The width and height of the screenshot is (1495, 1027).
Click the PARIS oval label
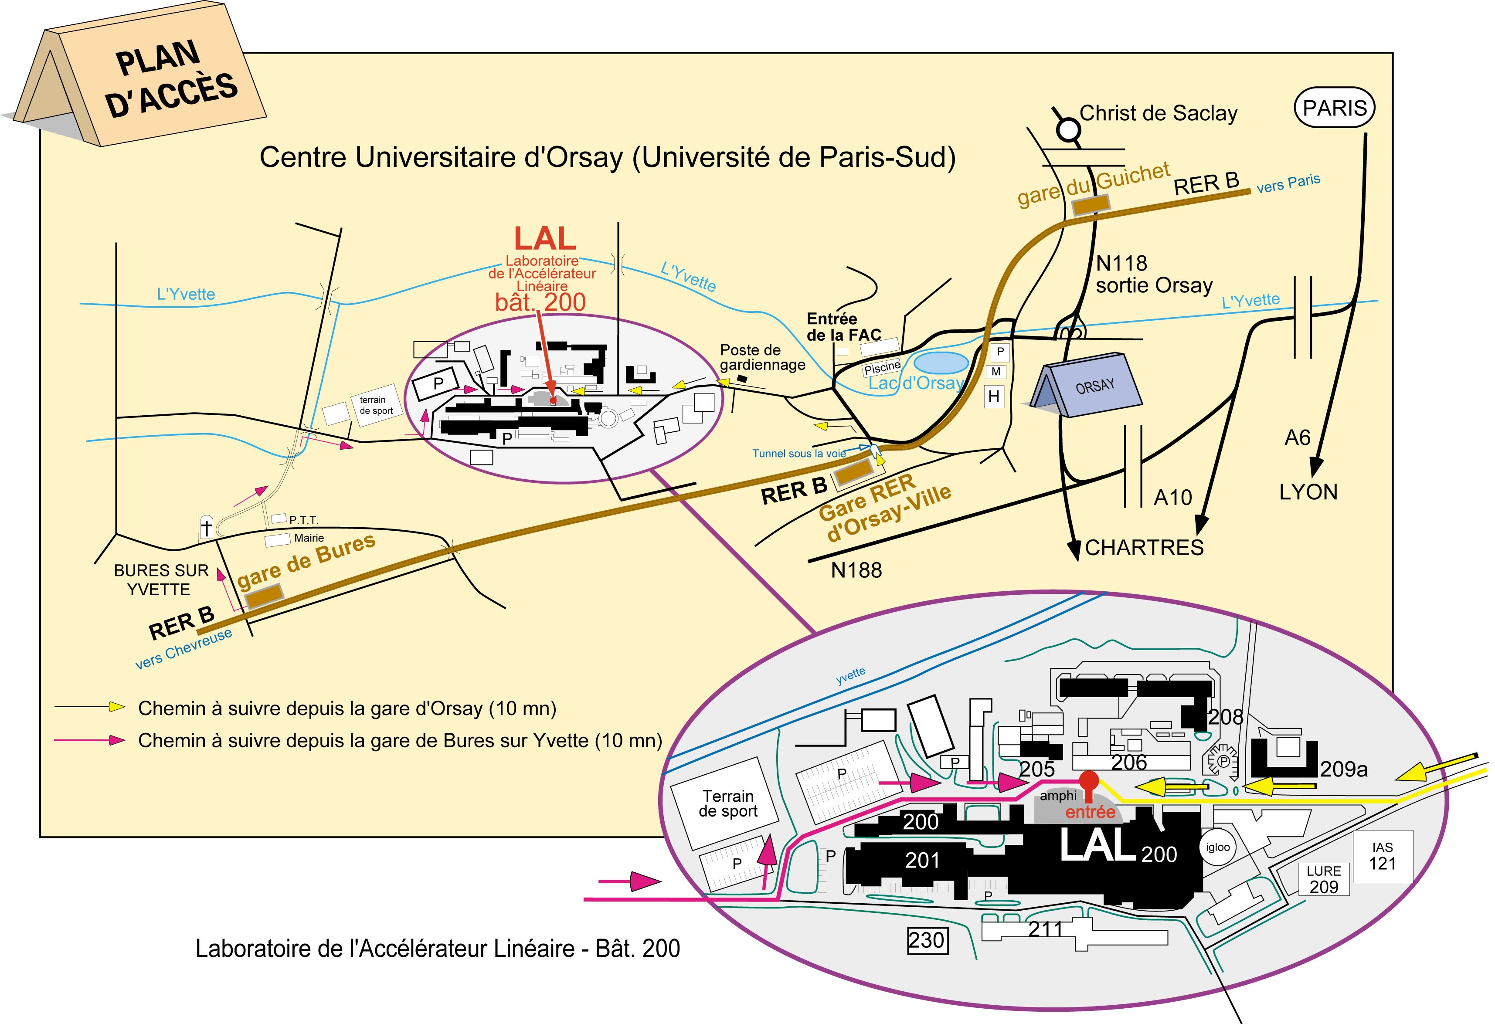point(1334,108)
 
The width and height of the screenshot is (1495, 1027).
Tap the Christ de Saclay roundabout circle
point(1069,131)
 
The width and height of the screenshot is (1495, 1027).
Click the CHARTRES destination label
point(1144,548)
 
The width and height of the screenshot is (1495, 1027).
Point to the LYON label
point(1308,492)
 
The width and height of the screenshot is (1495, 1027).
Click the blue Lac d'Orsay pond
point(941,362)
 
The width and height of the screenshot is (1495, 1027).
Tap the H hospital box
point(994,397)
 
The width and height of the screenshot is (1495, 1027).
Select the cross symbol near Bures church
point(206,528)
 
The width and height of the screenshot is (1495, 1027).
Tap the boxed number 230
point(927,941)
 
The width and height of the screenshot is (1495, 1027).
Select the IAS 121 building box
point(1383,857)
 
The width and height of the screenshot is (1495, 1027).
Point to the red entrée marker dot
point(1088,780)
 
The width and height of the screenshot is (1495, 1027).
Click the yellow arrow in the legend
point(116,707)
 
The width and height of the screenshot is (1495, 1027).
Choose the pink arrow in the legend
point(116,740)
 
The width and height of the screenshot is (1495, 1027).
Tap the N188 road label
point(856,570)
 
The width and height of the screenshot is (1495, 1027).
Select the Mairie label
point(309,538)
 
